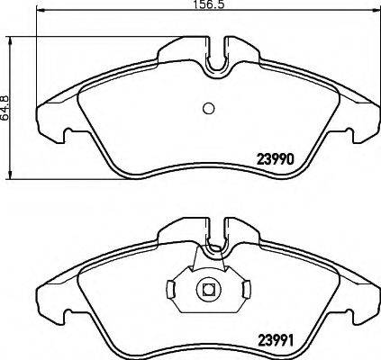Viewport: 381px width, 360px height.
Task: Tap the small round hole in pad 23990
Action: pyautogui.click(x=207, y=108)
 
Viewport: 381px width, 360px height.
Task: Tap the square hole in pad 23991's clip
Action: pyautogui.click(x=207, y=291)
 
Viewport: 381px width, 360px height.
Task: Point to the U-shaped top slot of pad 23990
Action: pyautogui.click(x=216, y=58)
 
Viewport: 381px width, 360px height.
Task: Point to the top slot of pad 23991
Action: pyautogui.click(x=216, y=236)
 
